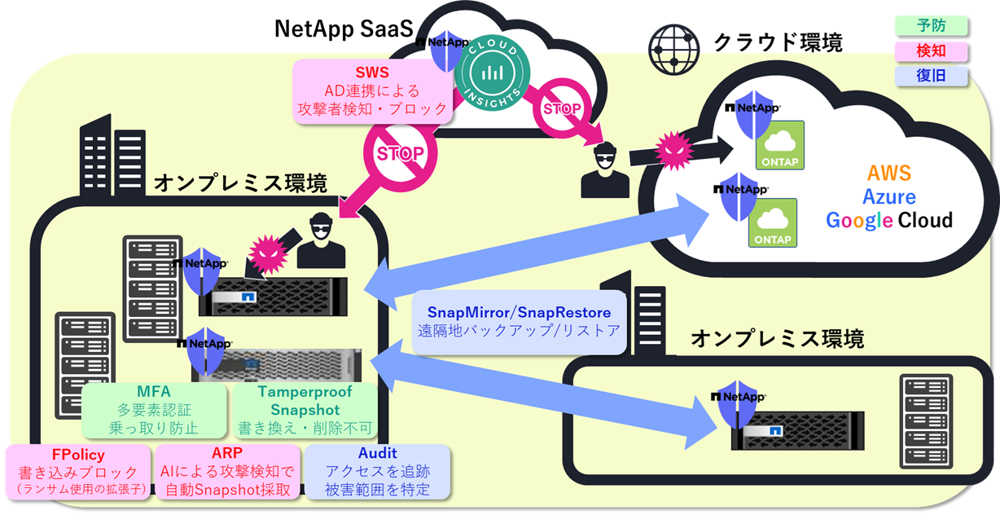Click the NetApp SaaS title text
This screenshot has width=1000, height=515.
[x=343, y=29]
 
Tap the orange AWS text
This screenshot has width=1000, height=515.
[x=888, y=173]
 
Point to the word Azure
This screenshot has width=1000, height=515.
[x=888, y=196]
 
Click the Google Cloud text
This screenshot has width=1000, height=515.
[x=888, y=221]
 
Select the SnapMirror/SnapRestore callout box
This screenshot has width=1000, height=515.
[x=519, y=321]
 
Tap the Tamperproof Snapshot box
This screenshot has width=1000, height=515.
[x=304, y=409]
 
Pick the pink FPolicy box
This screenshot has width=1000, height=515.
[x=78, y=472]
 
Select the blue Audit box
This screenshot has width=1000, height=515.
[x=377, y=472]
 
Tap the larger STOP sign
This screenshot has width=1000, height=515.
[x=399, y=153]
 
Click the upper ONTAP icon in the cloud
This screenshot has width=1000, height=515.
[x=780, y=145]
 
